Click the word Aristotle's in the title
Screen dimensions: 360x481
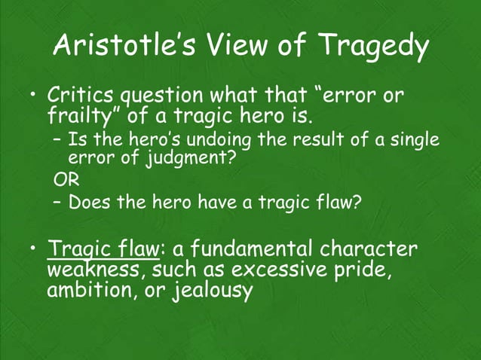point(125,48)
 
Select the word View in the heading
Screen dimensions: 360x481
point(237,48)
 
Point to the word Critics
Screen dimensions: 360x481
point(78,97)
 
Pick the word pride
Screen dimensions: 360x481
point(363,270)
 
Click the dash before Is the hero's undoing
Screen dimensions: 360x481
point(59,140)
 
